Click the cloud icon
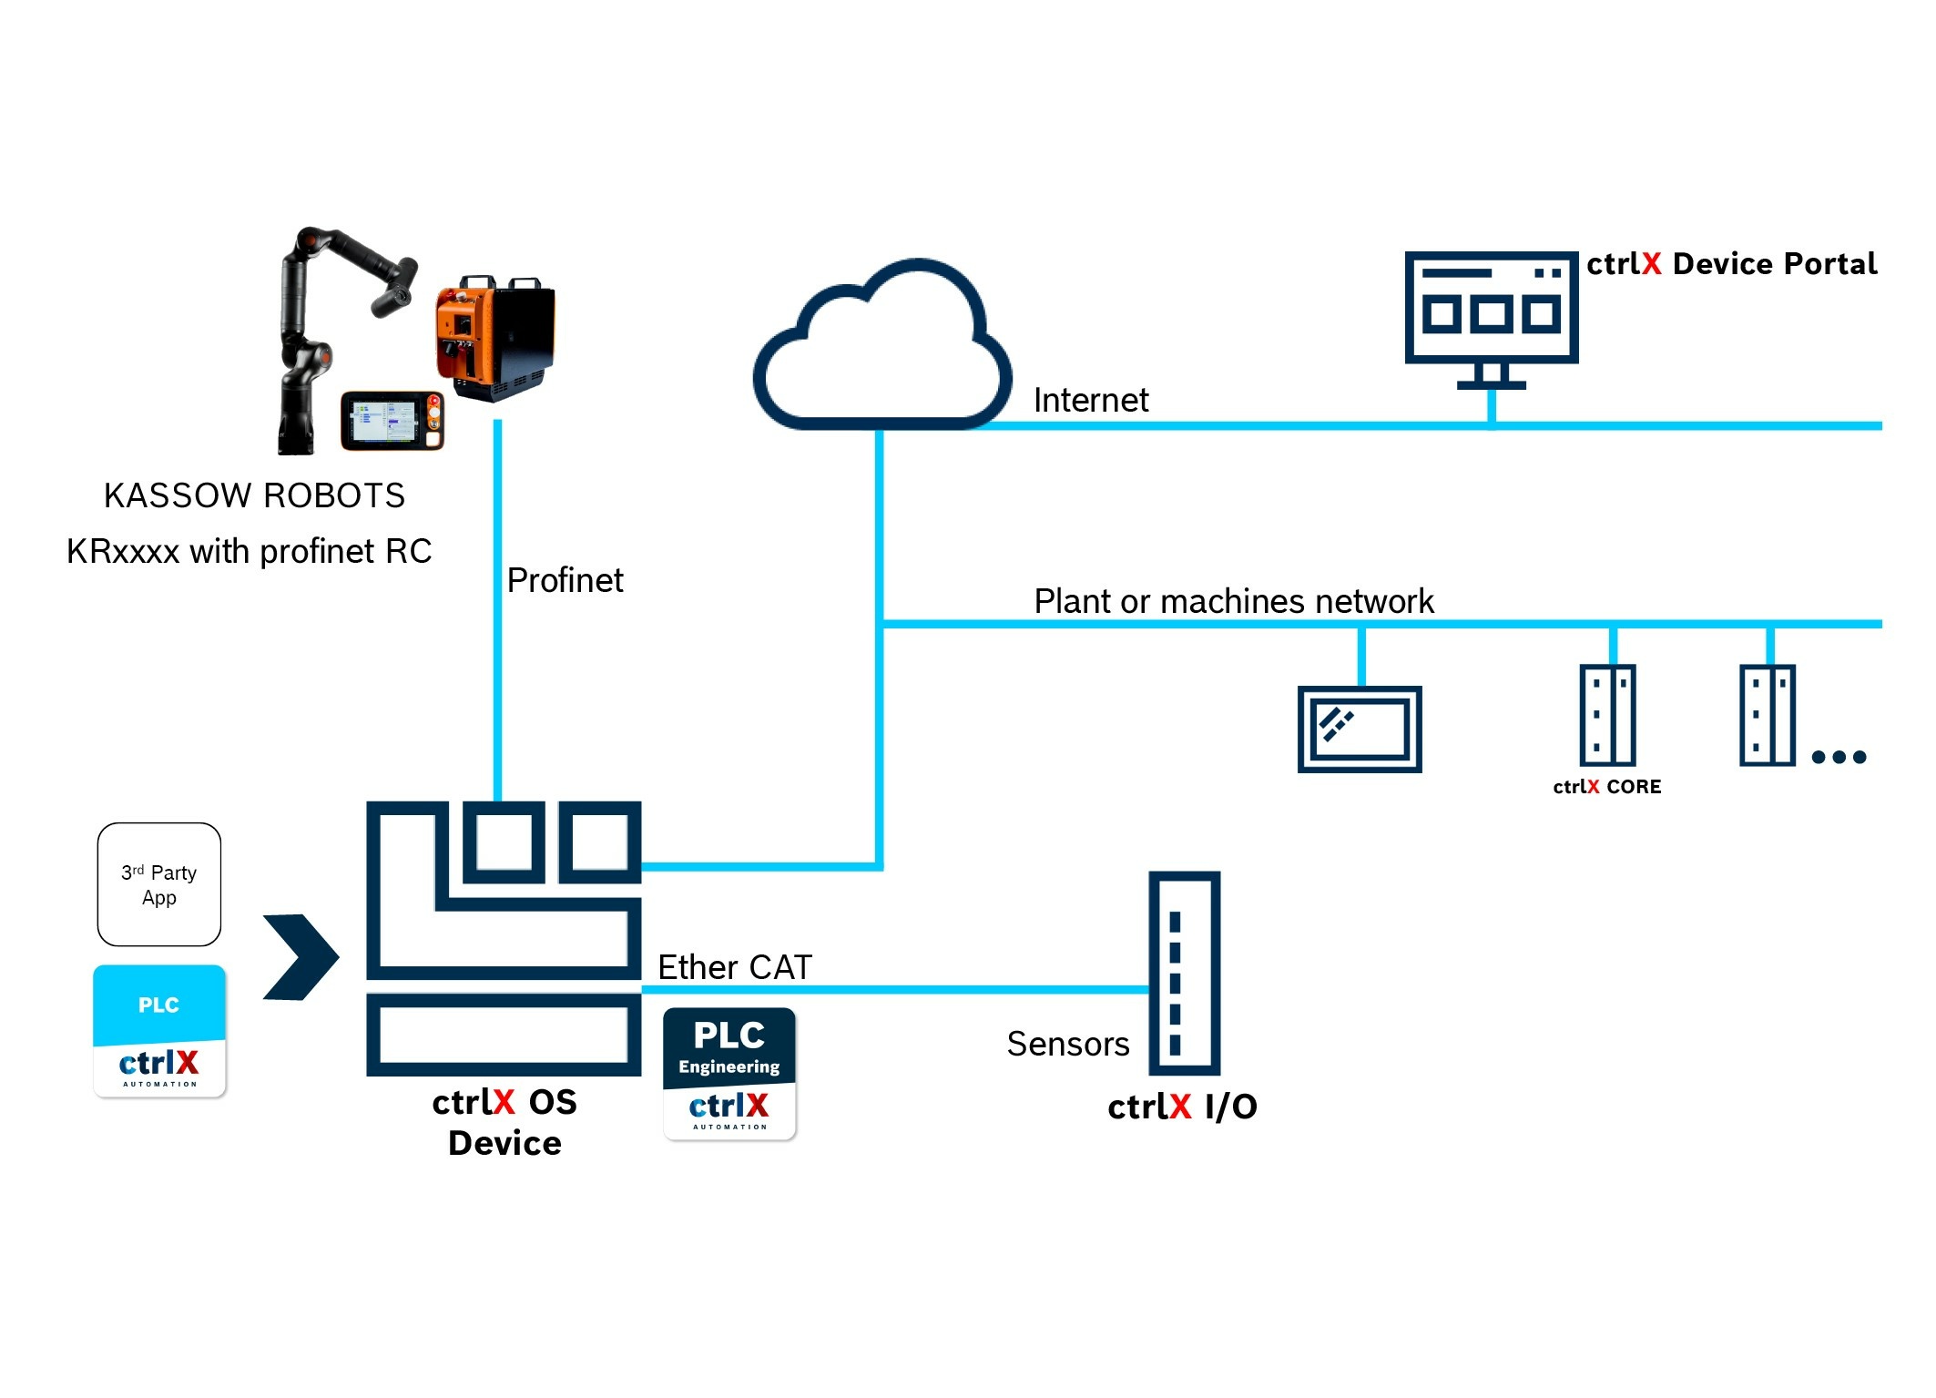click(881, 351)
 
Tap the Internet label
click(1090, 401)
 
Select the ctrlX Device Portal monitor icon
click(1491, 315)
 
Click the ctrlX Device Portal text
click(1731, 264)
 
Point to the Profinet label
click(565, 580)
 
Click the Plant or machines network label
click(1233, 601)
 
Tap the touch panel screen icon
click(1360, 730)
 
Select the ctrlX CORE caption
click(1606, 787)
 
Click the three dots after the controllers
click(1839, 757)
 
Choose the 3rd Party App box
click(159, 884)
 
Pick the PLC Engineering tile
click(729, 1073)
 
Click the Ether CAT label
click(734, 967)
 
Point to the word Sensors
click(1067, 1044)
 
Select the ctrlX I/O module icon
click(1183, 973)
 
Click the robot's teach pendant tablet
click(392, 420)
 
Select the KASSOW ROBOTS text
click(254, 495)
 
